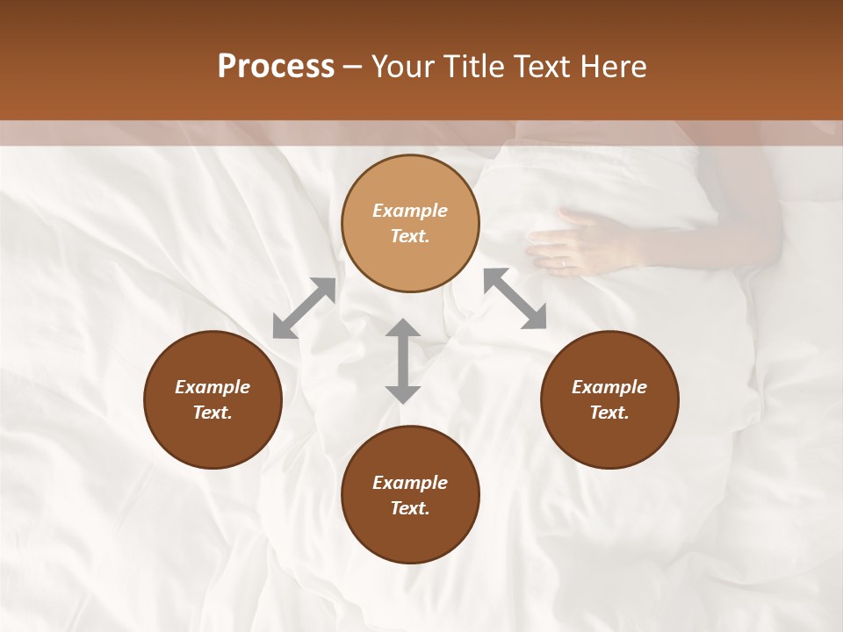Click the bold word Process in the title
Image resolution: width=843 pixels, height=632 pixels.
coord(276,67)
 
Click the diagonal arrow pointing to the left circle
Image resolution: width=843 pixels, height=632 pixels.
coord(304,308)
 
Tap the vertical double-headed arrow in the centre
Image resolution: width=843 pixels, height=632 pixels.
coord(403,361)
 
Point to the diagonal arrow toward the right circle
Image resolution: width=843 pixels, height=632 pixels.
coord(515,298)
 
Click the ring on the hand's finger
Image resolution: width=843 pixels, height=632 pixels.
coord(564,261)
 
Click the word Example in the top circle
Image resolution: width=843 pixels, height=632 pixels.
coord(410,211)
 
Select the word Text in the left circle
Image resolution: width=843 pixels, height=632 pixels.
coord(213,413)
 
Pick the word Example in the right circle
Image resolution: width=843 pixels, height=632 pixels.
coord(609,387)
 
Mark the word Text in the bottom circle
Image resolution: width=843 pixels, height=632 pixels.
coord(410,508)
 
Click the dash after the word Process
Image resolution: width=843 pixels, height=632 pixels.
coord(353,67)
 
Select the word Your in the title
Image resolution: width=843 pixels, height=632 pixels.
coord(400,67)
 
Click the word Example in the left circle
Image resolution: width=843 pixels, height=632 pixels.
coord(213,387)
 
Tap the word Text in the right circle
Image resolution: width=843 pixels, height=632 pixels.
coord(609,413)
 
